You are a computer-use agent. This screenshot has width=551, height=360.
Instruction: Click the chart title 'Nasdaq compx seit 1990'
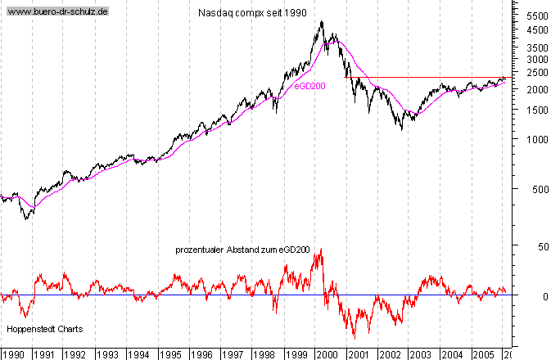[x=253, y=14]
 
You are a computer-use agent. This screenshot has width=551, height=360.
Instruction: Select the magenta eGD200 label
[x=309, y=86]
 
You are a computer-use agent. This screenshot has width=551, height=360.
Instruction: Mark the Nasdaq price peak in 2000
[x=321, y=21]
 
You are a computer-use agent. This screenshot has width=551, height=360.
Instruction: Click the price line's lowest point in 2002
[x=401, y=129]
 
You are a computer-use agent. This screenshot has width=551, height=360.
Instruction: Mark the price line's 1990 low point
[x=27, y=218]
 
